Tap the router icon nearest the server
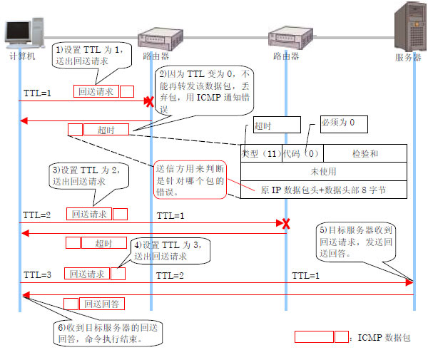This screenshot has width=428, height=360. click(x=285, y=39)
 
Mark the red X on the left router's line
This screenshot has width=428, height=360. click(x=149, y=103)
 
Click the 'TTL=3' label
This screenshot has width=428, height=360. click(x=36, y=274)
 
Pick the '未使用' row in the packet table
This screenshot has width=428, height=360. click(x=324, y=171)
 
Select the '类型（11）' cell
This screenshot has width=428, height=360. click(x=260, y=153)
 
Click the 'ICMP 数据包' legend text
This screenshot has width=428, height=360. click(x=384, y=337)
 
